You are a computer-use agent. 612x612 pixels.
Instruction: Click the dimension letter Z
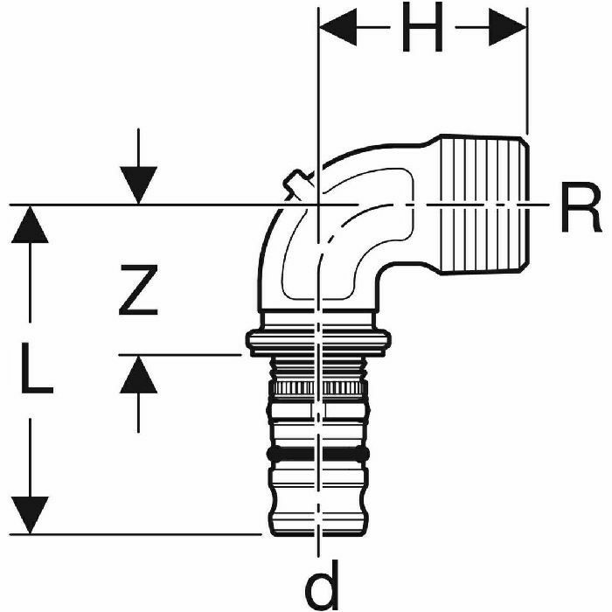(139, 291)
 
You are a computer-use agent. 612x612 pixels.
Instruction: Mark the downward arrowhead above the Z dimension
(139, 188)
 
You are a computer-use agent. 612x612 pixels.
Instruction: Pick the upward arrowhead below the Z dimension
(139, 373)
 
